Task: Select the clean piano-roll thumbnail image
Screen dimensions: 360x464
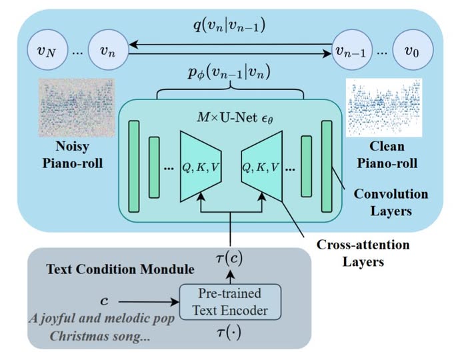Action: tap(384, 106)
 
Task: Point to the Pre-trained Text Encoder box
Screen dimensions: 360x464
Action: tap(229, 302)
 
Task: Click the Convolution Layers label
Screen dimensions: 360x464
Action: tap(391, 202)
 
